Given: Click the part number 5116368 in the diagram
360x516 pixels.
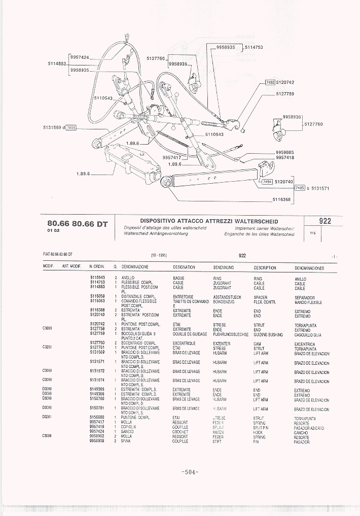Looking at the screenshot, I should tap(282, 199).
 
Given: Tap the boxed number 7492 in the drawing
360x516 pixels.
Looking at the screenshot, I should tap(270, 82).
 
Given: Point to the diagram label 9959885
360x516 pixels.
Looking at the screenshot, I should tap(284, 152).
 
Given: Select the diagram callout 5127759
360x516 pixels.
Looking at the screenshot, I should tap(285, 94).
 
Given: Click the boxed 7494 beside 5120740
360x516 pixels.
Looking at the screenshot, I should tap(266, 181).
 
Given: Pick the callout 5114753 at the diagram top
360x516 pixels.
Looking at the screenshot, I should tap(254, 47).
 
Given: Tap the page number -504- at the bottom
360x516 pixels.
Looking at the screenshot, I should tap(190, 472).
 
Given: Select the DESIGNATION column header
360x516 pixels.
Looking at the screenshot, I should tap(184, 267).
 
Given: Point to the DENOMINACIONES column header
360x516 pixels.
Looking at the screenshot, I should tap(309, 267).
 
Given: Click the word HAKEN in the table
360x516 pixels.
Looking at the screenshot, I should tap(219, 432).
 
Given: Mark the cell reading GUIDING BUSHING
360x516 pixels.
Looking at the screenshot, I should tap(267, 334).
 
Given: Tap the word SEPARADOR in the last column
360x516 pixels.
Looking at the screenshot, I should tap(305, 297).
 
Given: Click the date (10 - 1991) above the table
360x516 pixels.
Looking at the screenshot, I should tap(159, 255).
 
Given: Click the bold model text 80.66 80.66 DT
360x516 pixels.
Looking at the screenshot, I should tap(77, 224).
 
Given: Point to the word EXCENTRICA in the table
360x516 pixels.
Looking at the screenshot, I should tap(305, 344).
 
